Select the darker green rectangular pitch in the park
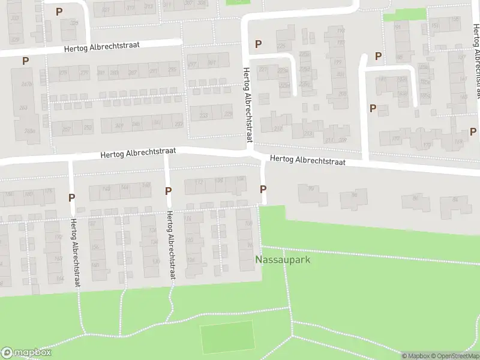point(227,337)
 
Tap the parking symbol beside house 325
point(59,11)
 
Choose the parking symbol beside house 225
point(258,44)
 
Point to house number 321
point(106,9)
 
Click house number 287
point(133,73)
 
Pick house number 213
point(308,133)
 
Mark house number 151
point(434,26)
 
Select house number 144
point(125,187)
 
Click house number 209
point(343,140)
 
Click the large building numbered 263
point(23,108)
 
